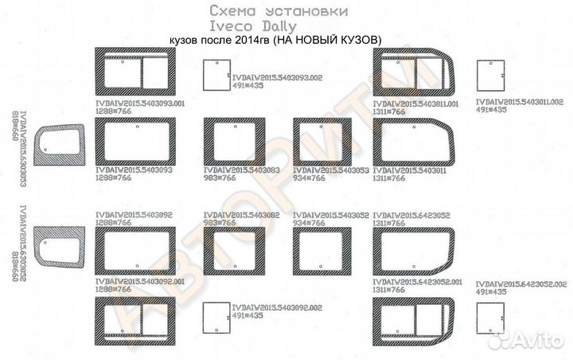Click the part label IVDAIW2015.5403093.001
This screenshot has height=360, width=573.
pyautogui.click(x=140, y=104)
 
